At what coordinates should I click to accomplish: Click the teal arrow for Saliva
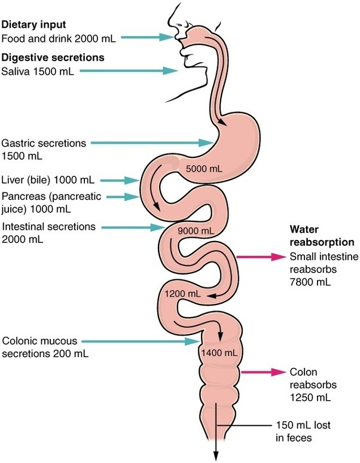(x=129, y=71)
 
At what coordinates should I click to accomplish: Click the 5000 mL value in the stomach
(x=204, y=169)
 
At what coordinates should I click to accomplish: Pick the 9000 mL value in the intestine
(x=196, y=231)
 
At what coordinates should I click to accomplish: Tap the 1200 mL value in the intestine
(x=182, y=294)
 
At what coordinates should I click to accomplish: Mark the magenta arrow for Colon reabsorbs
(x=263, y=372)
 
